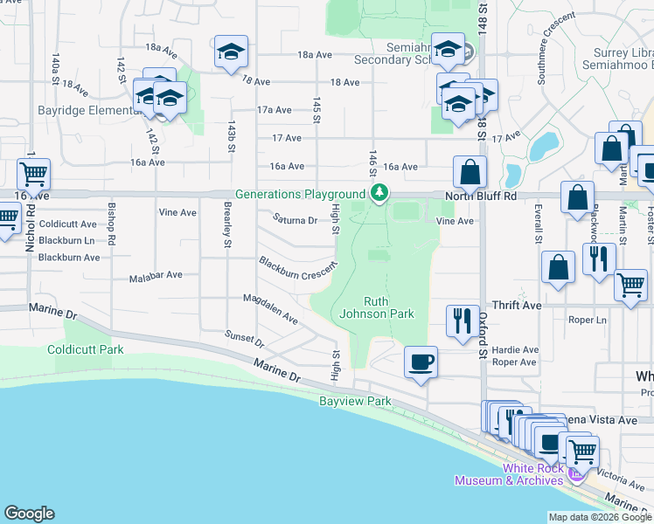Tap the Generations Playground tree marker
379,193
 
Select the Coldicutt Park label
86,349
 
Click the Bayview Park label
355,401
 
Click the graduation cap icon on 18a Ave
231,52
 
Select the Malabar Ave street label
156,274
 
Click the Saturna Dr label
295,219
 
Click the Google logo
29,514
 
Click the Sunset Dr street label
244,337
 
